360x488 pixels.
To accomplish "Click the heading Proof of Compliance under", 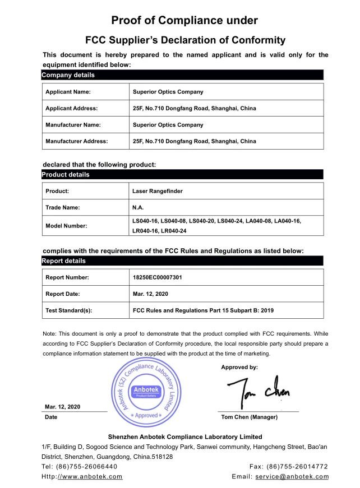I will coord(184,21).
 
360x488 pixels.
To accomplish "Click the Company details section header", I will coord(68,75).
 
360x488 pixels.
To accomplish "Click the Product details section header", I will coord(66,175).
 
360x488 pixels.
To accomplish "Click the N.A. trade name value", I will coord(138,208).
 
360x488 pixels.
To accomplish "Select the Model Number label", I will coord(66,226).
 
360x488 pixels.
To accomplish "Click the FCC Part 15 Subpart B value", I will coord(203,310).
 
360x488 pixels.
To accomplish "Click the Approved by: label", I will coord(239,368).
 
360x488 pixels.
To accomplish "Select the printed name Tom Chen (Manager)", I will coord(250,417).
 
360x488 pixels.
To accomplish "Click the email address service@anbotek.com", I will coord(292,477).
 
